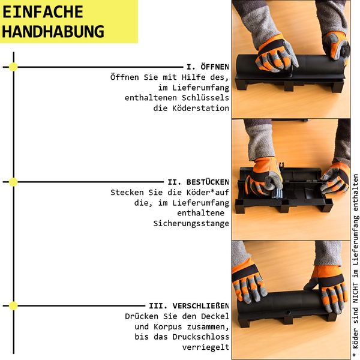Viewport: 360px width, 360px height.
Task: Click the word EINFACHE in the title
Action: pyautogui.click(x=43, y=12)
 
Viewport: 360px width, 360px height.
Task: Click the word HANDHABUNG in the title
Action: pyautogui.click(x=53, y=31)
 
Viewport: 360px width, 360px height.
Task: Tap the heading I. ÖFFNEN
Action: pyautogui.click(x=208, y=67)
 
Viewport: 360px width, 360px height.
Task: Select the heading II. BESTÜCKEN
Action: pyautogui.click(x=198, y=182)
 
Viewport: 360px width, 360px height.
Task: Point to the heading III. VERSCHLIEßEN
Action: pyautogui.click(x=189, y=306)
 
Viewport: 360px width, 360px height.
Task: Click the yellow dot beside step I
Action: pyautogui.click(x=13, y=67)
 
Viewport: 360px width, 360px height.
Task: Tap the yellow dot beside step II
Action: pyautogui.click(x=13, y=182)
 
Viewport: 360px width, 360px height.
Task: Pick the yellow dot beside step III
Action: pyautogui.click(x=13, y=306)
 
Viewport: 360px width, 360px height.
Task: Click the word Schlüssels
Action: pyautogui.click(x=205, y=98)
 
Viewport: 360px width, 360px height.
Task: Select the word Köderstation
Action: pyautogui.click(x=200, y=108)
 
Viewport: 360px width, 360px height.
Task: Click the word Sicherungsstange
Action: pyautogui.click(x=191, y=223)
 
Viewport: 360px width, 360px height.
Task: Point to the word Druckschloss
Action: pyautogui.click(x=200, y=337)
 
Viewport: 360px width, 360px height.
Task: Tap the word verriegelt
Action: pyautogui.click(x=205, y=347)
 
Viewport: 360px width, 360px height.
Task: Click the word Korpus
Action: pyautogui.click(x=167, y=326)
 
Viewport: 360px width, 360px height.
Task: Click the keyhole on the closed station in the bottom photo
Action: pyautogui.click(x=289, y=313)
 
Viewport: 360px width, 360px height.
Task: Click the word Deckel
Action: pyautogui.click(x=215, y=316)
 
